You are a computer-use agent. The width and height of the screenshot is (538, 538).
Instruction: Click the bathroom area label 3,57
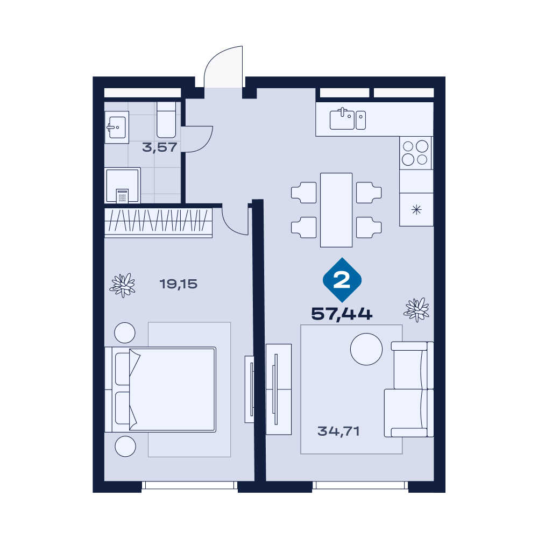pos(160,147)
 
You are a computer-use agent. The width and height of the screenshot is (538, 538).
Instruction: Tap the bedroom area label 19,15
pos(179,284)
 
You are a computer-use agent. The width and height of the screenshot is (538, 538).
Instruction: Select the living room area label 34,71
pos(338,431)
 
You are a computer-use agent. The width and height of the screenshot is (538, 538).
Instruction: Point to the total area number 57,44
pos(342,314)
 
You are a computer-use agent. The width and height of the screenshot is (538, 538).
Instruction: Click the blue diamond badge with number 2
pos(342,280)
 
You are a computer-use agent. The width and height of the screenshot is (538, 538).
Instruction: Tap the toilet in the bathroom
pos(166,120)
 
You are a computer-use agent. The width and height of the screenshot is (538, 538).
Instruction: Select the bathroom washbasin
pos(117,128)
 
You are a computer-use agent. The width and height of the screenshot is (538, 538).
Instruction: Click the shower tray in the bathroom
pos(123,185)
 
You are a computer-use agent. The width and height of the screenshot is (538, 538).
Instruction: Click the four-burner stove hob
pos(415,153)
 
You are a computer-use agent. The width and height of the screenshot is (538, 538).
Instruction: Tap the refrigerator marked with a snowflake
pos(416,210)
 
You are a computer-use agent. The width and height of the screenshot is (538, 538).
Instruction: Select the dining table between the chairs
pos(336,210)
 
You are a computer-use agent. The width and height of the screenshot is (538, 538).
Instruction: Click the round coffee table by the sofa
pos(366,349)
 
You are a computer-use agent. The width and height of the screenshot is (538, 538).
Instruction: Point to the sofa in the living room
pos(409,390)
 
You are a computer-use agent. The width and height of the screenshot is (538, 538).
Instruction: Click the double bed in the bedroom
pos(160,390)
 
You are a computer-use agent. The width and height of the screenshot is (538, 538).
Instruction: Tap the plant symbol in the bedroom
pos(123,285)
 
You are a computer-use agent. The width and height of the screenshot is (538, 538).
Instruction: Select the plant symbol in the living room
pos(416,309)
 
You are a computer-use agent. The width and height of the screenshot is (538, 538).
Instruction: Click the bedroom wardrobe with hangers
pos(159,223)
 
